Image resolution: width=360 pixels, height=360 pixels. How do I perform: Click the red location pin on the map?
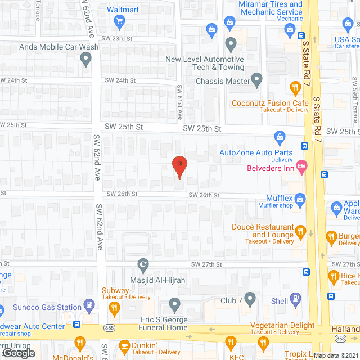coord(179,166)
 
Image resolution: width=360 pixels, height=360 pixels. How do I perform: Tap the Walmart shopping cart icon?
coord(119,22)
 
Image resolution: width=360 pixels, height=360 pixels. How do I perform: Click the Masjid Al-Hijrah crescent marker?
coord(143,263)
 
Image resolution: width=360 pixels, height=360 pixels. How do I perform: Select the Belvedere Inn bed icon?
coord(302,165)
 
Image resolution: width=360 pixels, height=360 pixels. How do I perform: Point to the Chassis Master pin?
coord(256,80)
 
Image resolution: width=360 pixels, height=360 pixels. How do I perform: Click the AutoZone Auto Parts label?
coord(256,152)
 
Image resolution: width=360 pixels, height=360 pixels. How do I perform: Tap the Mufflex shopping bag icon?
coord(300,199)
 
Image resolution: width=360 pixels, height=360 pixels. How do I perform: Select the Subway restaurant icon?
coord(114,308)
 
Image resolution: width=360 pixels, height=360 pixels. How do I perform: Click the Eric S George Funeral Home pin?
coord(174,305)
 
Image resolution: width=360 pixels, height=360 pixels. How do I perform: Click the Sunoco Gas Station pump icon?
coord(89,305)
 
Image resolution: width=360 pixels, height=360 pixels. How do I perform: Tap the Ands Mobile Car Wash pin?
coord(85,58)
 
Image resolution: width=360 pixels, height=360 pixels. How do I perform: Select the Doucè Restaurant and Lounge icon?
coord(300,231)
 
